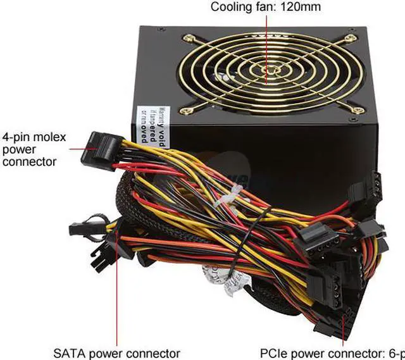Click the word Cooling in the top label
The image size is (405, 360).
coord(229,8)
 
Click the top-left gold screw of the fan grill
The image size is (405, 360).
coord(187,38)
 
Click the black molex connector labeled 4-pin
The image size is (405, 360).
coord(102,147)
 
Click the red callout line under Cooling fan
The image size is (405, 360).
coord(266,38)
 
